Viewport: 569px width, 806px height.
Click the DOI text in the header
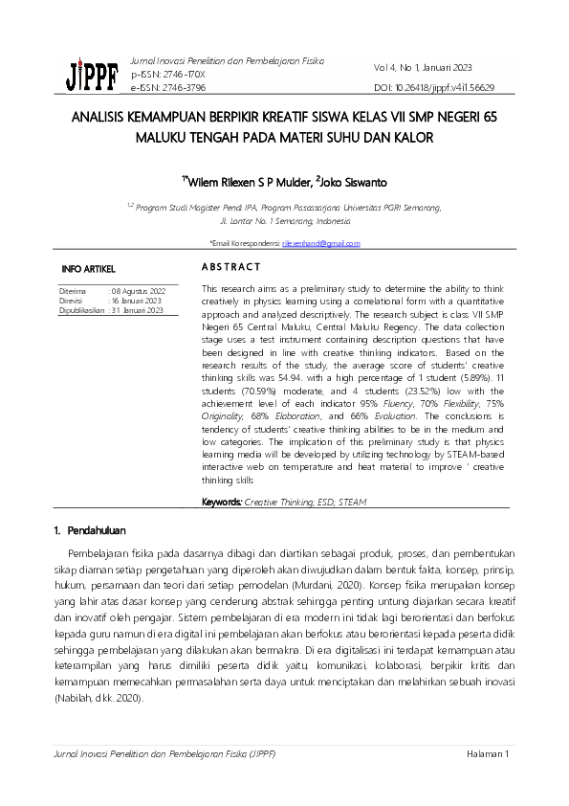(x=433, y=87)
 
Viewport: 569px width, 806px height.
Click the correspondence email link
(x=320, y=244)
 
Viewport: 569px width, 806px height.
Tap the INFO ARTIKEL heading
(x=88, y=269)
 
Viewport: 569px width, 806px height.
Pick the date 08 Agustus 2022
(x=140, y=289)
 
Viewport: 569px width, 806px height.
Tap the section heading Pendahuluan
(x=103, y=530)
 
